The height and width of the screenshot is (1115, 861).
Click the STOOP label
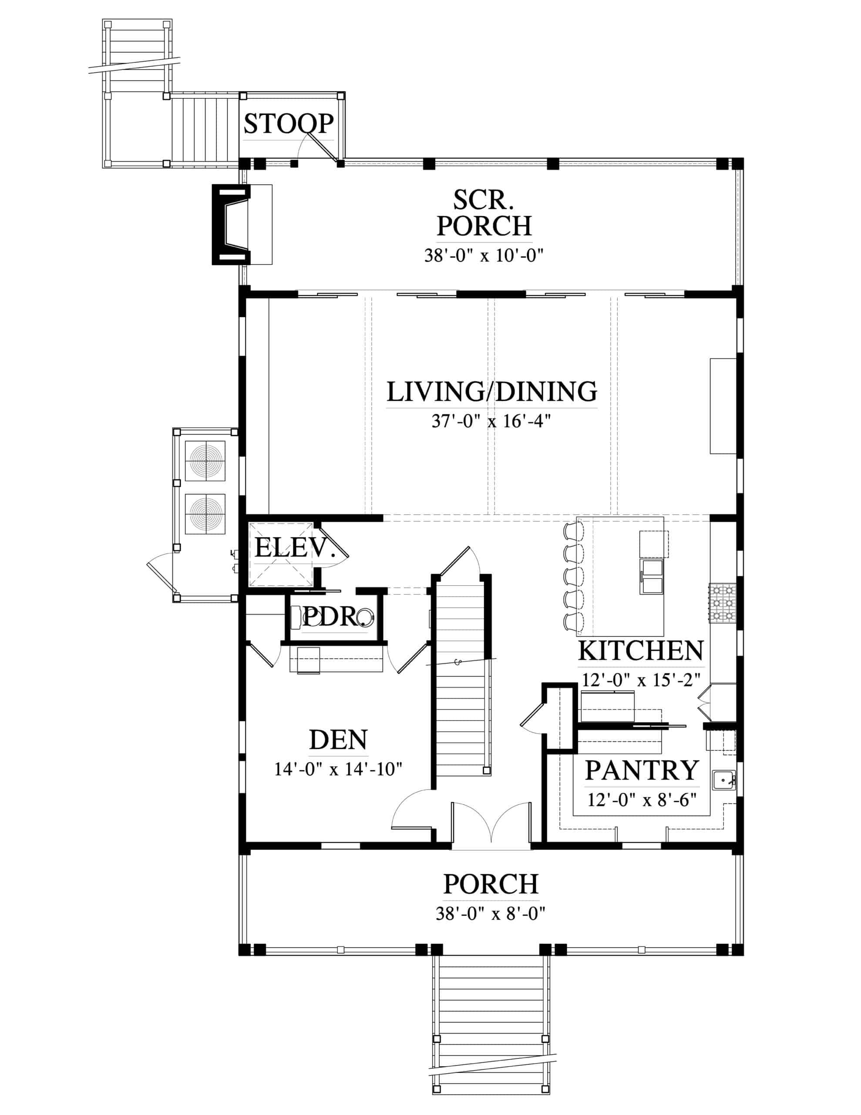pyautogui.click(x=288, y=124)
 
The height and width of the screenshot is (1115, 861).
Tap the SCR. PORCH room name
pyautogui.click(x=484, y=213)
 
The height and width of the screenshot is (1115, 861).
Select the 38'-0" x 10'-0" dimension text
pyautogui.click(x=483, y=255)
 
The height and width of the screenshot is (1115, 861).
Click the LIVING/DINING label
pyautogui.click(x=491, y=392)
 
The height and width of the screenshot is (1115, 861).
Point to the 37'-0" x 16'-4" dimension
pyautogui.click(x=491, y=421)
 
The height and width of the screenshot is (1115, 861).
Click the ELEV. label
pyautogui.click(x=295, y=548)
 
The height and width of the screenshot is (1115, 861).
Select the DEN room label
pyautogui.click(x=338, y=740)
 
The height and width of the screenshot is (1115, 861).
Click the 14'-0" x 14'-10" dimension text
pyautogui.click(x=338, y=769)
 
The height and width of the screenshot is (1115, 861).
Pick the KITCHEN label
pyautogui.click(x=641, y=651)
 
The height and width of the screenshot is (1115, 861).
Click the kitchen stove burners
pyautogui.click(x=722, y=603)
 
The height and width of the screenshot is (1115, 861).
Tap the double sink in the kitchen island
pyautogui.click(x=652, y=577)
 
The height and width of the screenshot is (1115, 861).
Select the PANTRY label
pyautogui.click(x=642, y=770)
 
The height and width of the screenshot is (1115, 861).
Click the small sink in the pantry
pyautogui.click(x=724, y=780)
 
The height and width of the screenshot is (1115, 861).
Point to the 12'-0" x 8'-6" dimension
pyautogui.click(x=642, y=800)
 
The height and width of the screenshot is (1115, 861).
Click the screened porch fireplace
pyautogui.click(x=231, y=225)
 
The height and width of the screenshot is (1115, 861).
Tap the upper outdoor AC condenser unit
pyautogui.click(x=205, y=460)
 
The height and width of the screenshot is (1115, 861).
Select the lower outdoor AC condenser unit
pyautogui.click(x=205, y=514)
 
